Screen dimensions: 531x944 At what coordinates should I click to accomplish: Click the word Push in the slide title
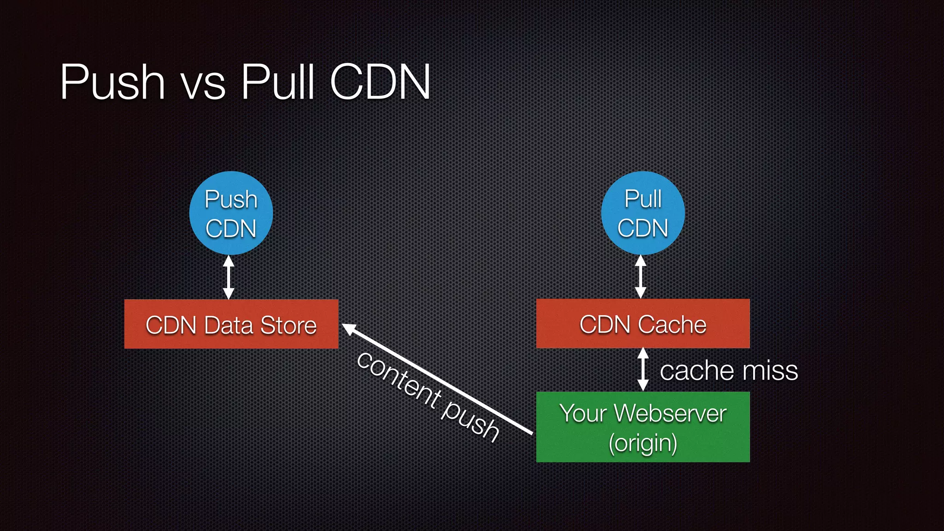(113, 83)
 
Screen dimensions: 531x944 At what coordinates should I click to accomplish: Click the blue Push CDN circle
(231, 213)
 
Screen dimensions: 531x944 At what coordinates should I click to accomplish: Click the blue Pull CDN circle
(643, 213)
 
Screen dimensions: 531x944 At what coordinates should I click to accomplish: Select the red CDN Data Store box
(231, 324)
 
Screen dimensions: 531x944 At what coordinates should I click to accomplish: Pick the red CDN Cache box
(643, 324)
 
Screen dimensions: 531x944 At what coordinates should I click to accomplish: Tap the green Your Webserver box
(643, 427)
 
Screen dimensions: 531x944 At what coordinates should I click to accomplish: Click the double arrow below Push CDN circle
(229, 277)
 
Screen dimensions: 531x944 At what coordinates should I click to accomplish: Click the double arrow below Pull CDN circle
(640, 277)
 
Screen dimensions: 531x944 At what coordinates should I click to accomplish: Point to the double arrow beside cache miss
(643, 370)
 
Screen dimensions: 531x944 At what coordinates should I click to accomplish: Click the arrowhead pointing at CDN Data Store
(348, 329)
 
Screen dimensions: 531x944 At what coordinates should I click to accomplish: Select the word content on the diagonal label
(399, 380)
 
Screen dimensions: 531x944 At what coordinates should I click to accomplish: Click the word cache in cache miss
(696, 371)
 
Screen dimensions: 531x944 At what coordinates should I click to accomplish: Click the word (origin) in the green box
(643, 443)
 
